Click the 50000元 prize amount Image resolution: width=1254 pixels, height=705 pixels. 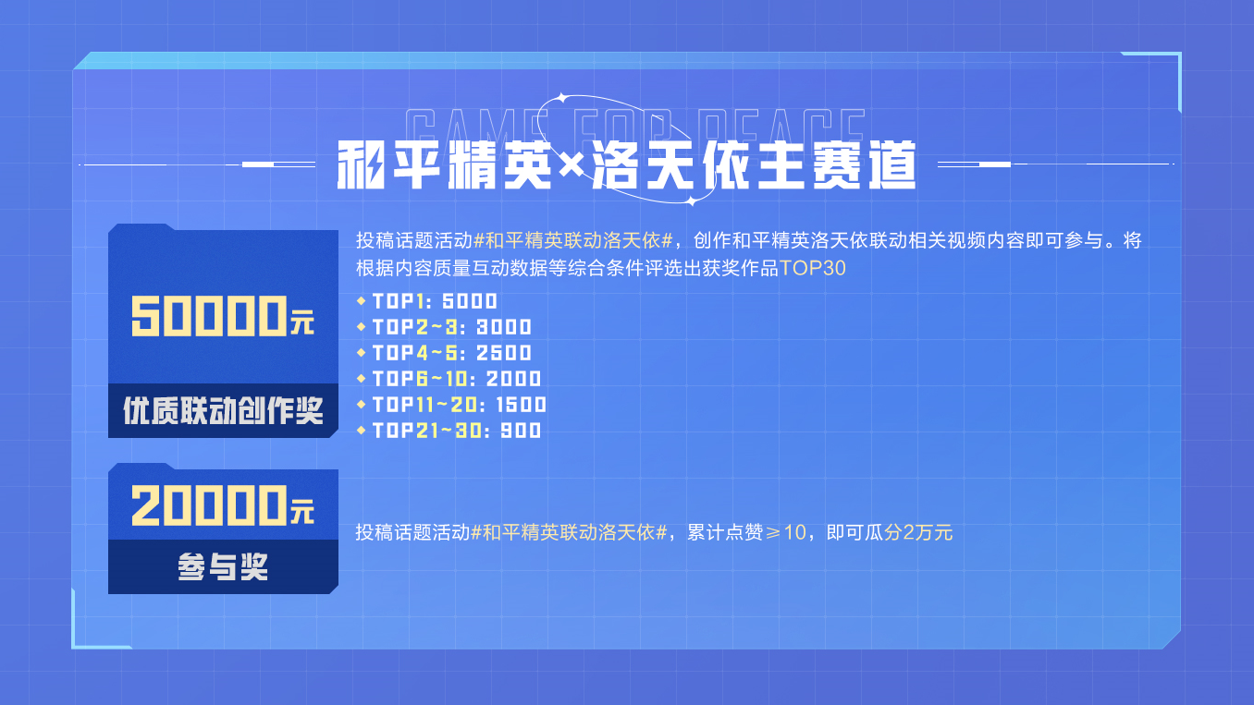click(223, 316)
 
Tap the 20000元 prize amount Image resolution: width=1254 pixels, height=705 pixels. click(223, 505)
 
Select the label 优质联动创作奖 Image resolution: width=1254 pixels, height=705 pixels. click(223, 410)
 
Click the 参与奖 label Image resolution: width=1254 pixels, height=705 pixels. click(223, 566)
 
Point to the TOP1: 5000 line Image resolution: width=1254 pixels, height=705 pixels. click(435, 301)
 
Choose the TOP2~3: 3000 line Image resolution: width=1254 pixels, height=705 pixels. click(452, 327)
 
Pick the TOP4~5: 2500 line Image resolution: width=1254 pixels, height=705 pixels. click(452, 353)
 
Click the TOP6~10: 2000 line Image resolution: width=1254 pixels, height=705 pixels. click(457, 379)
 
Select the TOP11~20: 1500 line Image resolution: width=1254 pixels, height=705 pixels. click(460, 405)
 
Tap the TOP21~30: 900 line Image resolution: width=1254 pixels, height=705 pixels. click(457, 431)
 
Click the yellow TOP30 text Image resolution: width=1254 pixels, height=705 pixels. click(812, 268)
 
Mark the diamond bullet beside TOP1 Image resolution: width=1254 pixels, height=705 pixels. click(361, 301)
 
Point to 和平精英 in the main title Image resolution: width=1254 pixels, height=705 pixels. click(445, 165)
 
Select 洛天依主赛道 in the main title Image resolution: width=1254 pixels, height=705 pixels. click(754, 165)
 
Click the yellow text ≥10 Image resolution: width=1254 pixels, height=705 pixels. click(785, 532)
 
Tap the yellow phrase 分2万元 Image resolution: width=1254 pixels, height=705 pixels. click(918, 532)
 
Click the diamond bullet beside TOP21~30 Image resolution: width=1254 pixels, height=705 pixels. click(361, 431)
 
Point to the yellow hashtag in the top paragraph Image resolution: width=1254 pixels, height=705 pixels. click(572, 240)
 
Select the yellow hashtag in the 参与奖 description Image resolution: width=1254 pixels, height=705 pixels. click(569, 532)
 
